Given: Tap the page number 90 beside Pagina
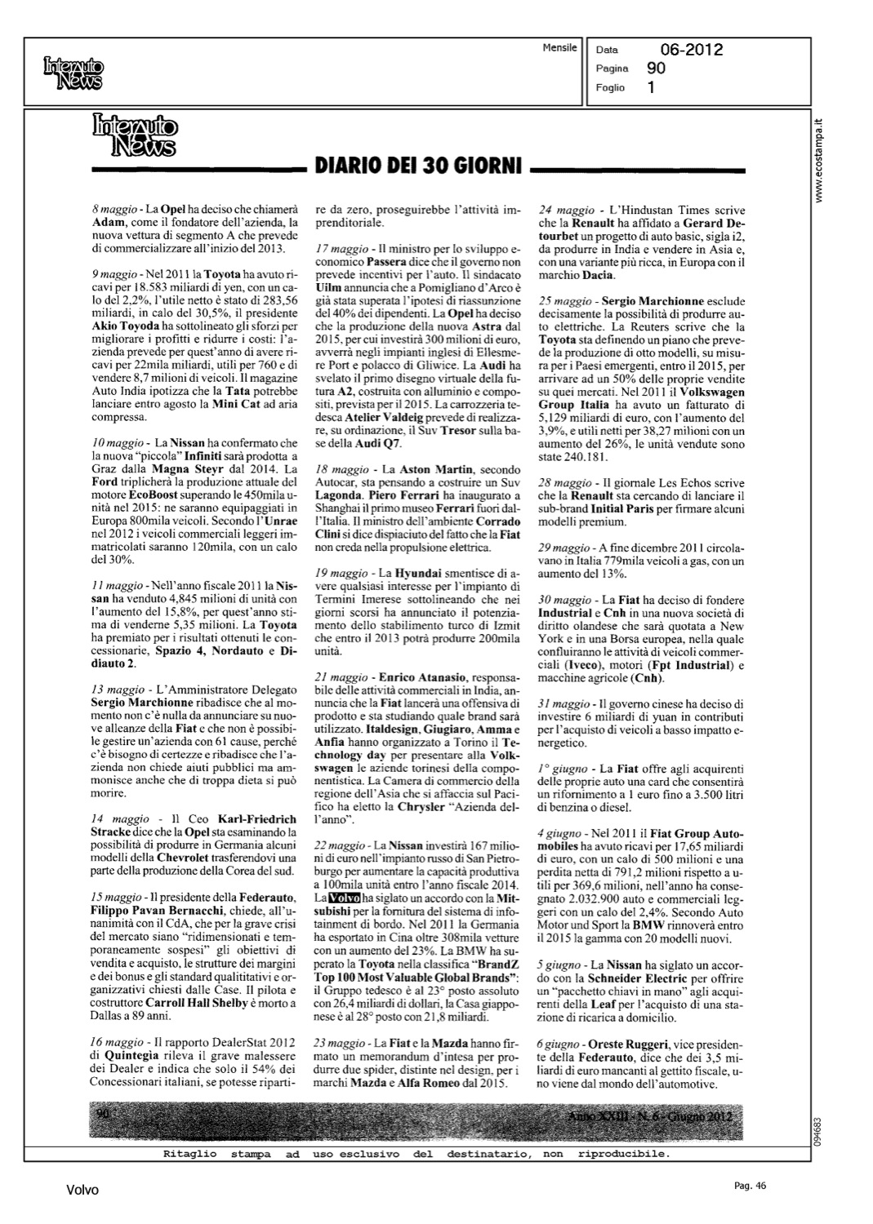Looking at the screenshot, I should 656,69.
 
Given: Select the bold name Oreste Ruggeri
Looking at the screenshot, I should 628,1044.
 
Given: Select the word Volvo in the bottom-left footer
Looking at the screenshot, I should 82,1190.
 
